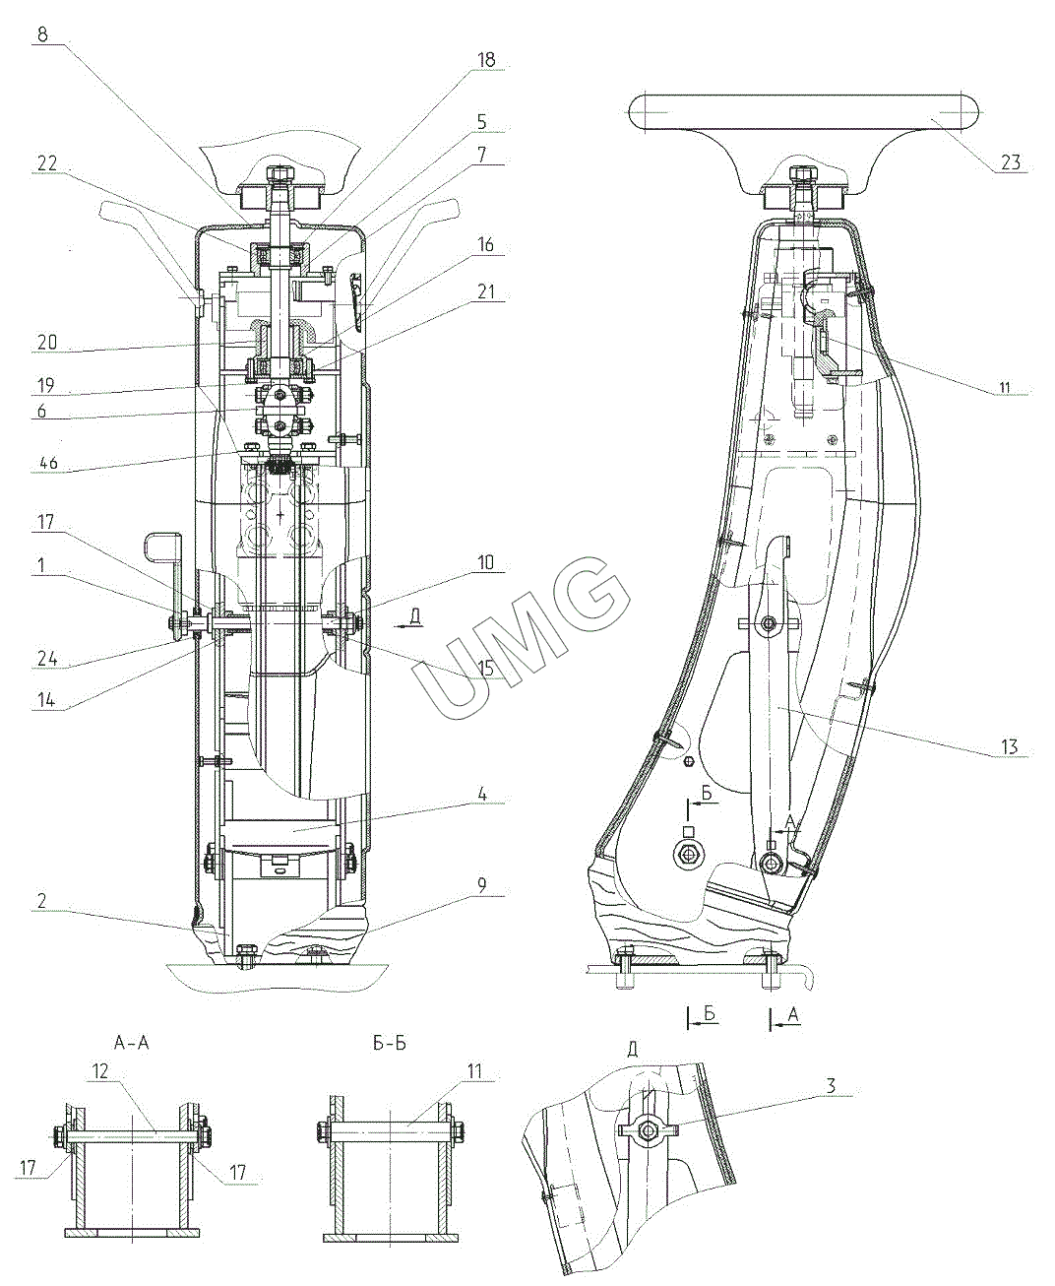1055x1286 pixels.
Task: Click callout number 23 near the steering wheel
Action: click(x=1011, y=162)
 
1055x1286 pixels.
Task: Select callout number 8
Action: click(x=43, y=33)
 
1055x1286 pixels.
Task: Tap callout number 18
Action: click(x=486, y=60)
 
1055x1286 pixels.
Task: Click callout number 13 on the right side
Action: click(x=1010, y=747)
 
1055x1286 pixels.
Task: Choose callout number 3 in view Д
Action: click(x=832, y=1086)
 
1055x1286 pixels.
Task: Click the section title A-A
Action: click(x=131, y=1043)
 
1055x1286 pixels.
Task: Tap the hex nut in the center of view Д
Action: click(x=648, y=1131)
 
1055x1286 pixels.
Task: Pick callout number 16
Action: click(x=486, y=245)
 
